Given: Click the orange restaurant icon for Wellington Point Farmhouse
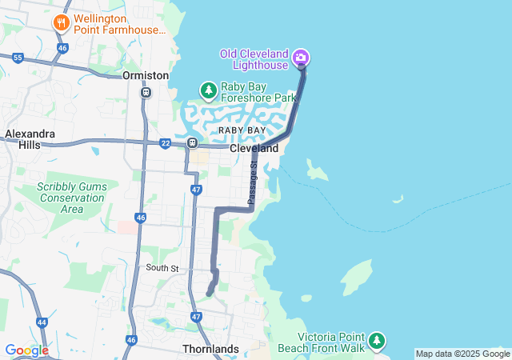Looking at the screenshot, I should pos(61,22).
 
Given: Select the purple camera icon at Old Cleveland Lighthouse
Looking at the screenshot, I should pos(301,57).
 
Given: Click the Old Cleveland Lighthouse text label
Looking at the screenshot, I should pos(254,59).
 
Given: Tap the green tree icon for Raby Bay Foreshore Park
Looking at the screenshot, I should pos(208,90).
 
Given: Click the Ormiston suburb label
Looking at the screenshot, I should pos(146,75).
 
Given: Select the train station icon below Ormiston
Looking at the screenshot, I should pos(146,92).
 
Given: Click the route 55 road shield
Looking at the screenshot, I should pos(18,58).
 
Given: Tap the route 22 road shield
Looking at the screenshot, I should pos(166,143).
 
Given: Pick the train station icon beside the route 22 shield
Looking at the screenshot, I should pos(192,143).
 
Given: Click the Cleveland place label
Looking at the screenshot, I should pos(254,149).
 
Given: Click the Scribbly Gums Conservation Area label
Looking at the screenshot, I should pos(60,198).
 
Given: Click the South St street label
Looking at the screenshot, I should pos(162,268).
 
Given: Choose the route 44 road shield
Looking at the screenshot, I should pos(42,322).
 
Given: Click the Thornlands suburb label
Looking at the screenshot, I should pos(210,350).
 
